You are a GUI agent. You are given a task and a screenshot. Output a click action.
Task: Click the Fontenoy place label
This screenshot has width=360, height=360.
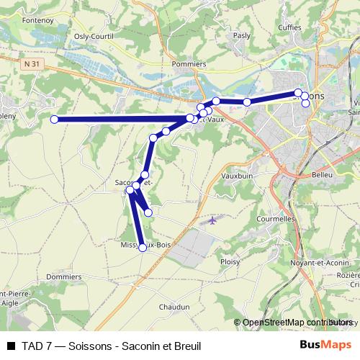pos(38,21)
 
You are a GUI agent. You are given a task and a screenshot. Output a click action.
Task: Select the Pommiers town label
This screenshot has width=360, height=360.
pos(189,64)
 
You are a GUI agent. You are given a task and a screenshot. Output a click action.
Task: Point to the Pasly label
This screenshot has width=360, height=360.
pos(242,35)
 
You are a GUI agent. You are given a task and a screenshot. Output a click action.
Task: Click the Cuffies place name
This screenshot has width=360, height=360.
pos(289,28)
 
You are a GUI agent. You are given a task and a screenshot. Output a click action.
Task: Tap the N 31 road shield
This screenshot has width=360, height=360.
pos(30,64)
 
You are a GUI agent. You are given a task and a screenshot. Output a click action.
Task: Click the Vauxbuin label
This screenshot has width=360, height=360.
pos(237,175)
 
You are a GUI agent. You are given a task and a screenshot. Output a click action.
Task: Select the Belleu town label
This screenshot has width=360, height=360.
pos(321,175)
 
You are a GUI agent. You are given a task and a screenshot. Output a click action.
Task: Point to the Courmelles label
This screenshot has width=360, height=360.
pos(276,218)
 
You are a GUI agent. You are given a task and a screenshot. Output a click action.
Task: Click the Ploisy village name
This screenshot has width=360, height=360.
pos(230,262)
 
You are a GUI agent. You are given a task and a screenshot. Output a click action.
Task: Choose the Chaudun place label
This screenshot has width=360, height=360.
pos(174,306)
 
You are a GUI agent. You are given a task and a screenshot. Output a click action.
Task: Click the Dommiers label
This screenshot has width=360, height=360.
pos(63,276)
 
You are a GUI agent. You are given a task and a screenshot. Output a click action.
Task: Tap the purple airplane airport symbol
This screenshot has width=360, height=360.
pos(212,220)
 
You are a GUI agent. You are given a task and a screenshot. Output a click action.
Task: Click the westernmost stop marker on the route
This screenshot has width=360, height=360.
pos(54,120)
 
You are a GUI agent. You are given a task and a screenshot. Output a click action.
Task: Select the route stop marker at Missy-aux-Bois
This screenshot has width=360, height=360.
pos(143,248)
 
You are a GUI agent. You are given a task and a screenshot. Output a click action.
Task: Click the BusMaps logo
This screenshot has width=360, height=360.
pos(325,346)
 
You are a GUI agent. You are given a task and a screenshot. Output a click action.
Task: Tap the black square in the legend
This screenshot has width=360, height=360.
pos(11,346)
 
